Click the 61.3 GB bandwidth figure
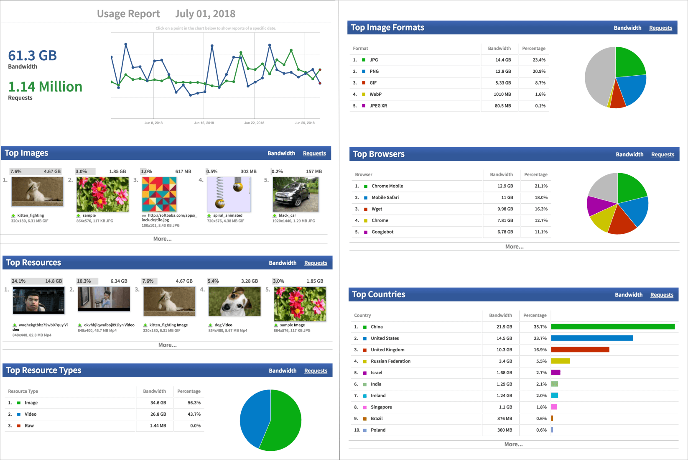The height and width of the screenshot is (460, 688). pyautogui.click(x=33, y=56)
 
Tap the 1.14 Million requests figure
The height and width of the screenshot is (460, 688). pyautogui.click(x=45, y=87)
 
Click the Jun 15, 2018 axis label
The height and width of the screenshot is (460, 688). pyautogui.click(x=204, y=123)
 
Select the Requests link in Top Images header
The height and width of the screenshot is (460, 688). pyautogui.click(x=314, y=153)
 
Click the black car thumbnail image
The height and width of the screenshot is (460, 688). pyautogui.click(x=296, y=194)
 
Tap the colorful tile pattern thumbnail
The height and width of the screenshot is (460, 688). pyautogui.click(x=159, y=194)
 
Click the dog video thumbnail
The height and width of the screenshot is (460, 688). pyautogui.click(x=234, y=302)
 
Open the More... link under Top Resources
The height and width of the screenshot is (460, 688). pyautogui.click(x=167, y=345)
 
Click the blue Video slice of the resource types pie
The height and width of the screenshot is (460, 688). pyautogui.click(x=254, y=418)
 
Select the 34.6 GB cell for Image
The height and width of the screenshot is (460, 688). pyautogui.click(x=158, y=403)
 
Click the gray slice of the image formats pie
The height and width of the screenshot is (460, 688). pyautogui.click(x=598, y=77)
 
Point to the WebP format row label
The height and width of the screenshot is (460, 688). pyautogui.click(x=375, y=95)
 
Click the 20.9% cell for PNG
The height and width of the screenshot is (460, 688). pyautogui.click(x=539, y=72)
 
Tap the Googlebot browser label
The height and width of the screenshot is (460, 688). pyautogui.click(x=382, y=232)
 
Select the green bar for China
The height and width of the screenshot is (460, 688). pyautogui.click(x=612, y=327)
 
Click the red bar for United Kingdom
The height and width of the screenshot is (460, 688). pyautogui.click(x=580, y=350)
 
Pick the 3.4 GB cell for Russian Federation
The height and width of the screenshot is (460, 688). pyautogui.click(x=505, y=361)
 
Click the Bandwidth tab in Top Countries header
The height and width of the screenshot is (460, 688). pyautogui.click(x=628, y=295)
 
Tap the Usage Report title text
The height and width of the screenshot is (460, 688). pyautogui.click(x=128, y=14)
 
